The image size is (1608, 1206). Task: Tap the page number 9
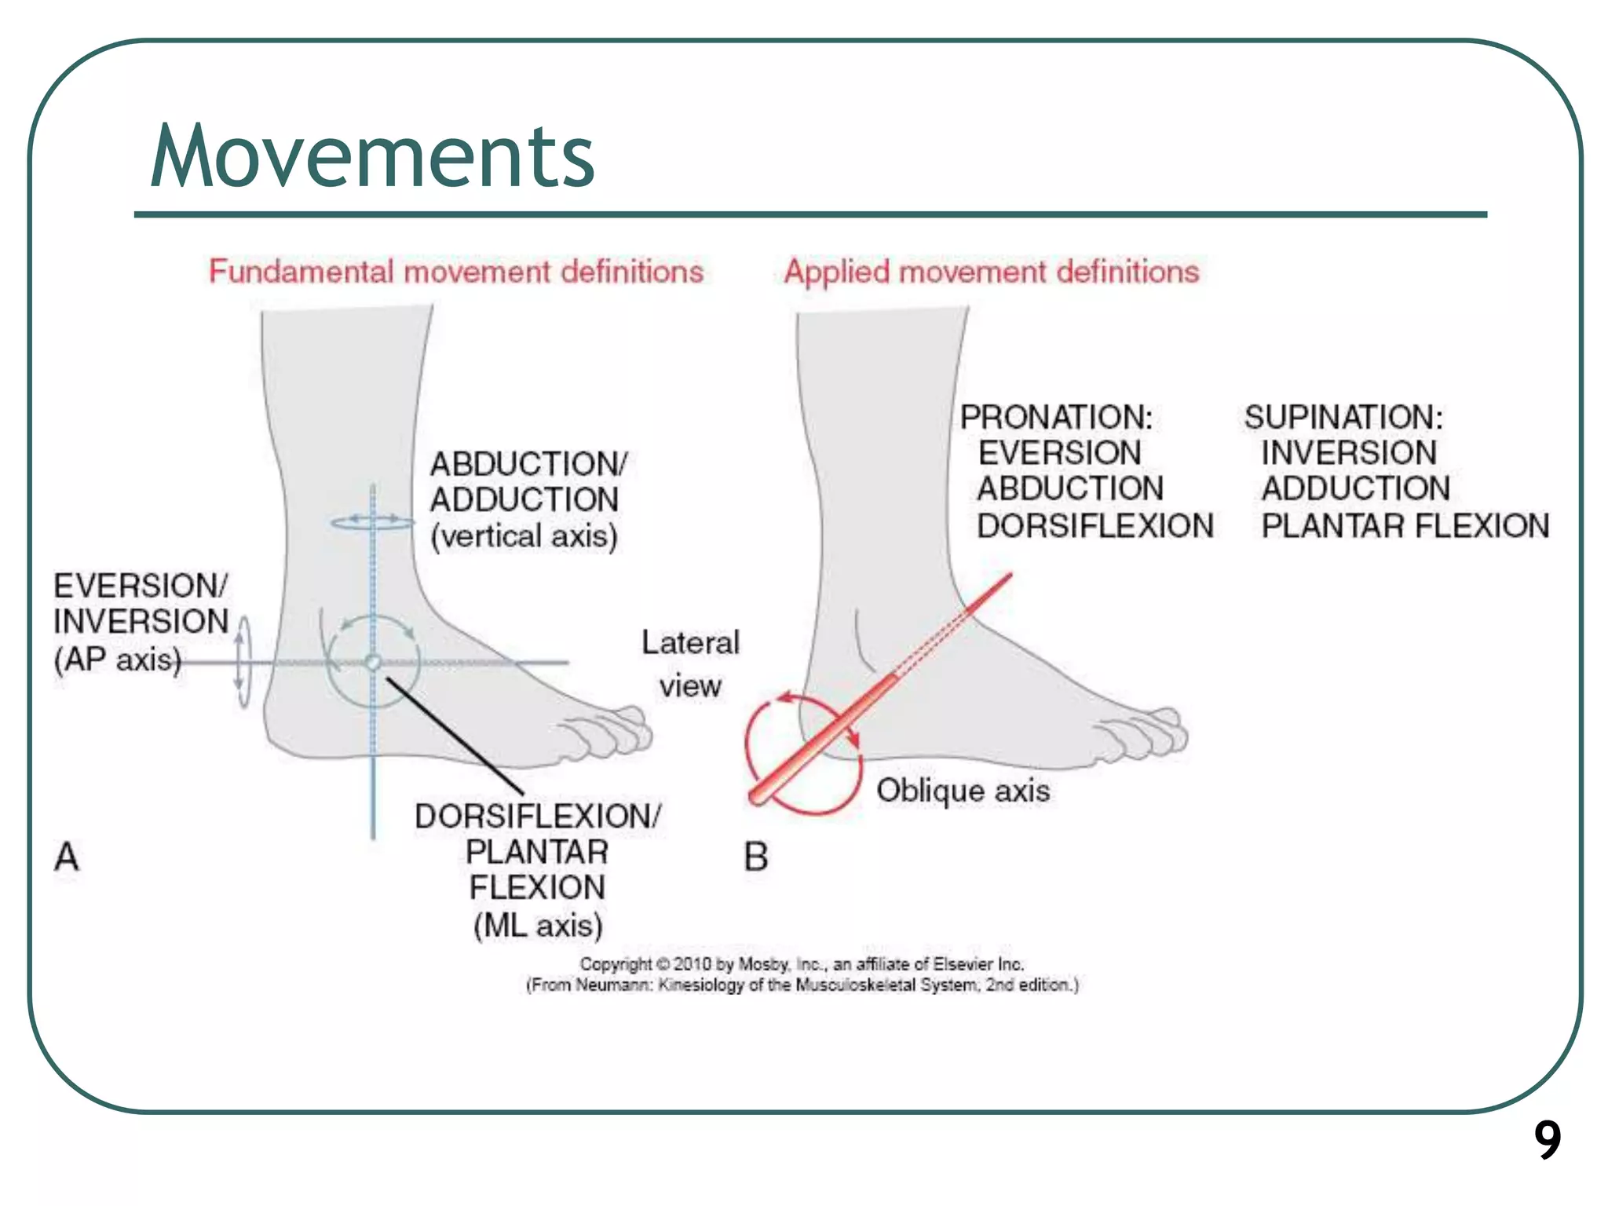coord(1548,1140)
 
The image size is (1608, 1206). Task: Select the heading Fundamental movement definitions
coord(455,272)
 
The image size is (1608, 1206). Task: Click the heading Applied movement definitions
coord(992,272)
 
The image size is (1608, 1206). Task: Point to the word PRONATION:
coord(1056,417)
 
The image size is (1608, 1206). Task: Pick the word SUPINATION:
coord(1343,417)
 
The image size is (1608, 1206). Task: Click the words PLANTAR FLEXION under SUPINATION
coord(1405,525)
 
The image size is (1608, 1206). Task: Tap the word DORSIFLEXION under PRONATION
coord(1095,525)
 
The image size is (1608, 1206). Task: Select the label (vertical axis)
coord(524,536)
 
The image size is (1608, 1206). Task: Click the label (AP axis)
coord(118,659)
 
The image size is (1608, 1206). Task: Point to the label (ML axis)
coord(538,925)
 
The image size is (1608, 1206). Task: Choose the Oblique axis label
coord(963,790)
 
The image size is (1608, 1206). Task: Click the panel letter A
coord(67,856)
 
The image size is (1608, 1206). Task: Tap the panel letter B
coord(755,857)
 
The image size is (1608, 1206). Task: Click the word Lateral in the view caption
coord(690,643)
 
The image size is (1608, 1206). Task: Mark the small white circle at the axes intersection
coord(373,663)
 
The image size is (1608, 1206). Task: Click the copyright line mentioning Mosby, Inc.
coord(802,963)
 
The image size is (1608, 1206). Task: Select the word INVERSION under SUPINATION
coord(1348,453)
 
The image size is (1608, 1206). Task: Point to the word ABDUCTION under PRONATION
coord(1070,488)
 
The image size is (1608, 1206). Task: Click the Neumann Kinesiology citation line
coord(802,985)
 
